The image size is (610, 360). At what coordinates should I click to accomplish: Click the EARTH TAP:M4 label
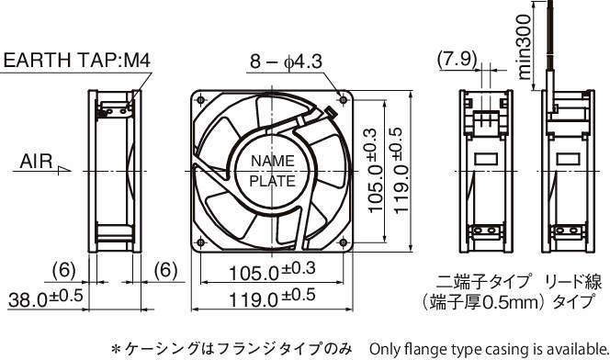76,61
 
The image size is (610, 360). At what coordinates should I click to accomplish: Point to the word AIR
36,162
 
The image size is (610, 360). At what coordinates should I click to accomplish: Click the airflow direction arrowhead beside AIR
64,170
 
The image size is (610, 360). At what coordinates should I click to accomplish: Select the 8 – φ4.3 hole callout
286,62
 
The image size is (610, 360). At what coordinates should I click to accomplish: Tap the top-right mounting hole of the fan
344,100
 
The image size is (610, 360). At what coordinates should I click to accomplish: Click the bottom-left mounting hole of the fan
200,243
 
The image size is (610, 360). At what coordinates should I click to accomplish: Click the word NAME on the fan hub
272,161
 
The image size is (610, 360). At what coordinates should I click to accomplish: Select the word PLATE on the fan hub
272,181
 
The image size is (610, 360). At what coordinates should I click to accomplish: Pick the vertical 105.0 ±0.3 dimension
372,171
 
